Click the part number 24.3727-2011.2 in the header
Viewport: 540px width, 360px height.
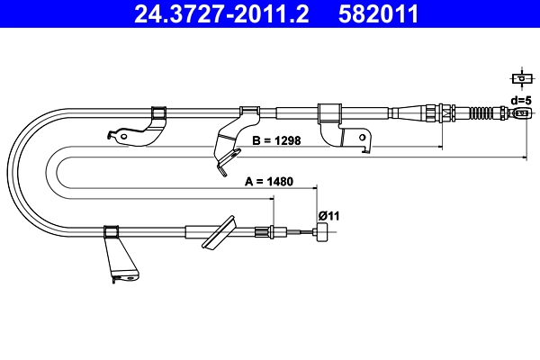point(221,13)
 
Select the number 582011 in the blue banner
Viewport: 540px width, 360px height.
point(378,13)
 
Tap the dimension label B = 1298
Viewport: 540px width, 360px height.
point(276,140)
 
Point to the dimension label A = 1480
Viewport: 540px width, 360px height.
point(269,181)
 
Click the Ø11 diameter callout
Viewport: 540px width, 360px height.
point(328,216)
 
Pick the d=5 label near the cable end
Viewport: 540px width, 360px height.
point(521,101)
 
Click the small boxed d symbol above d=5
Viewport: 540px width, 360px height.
point(522,78)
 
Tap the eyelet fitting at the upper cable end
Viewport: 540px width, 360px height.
point(521,112)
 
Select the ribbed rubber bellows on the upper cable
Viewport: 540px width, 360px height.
point(481,112)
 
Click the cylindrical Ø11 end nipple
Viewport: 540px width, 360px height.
point(322,232)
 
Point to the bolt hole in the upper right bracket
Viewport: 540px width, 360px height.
point(363,138)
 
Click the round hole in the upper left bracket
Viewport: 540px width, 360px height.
point(123,137)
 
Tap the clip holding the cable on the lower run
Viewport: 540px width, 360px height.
point(111,232)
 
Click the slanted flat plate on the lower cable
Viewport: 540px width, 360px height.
point(219,232)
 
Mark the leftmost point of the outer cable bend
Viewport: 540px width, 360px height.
point(7,172)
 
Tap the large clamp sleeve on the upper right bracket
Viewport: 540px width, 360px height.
point(329,113)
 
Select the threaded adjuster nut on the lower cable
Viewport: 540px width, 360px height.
point(260,231)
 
